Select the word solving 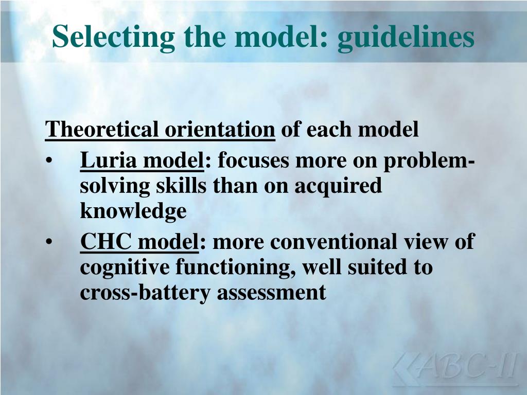114,186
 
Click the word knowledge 133,210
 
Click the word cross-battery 145,292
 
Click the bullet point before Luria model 48,161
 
